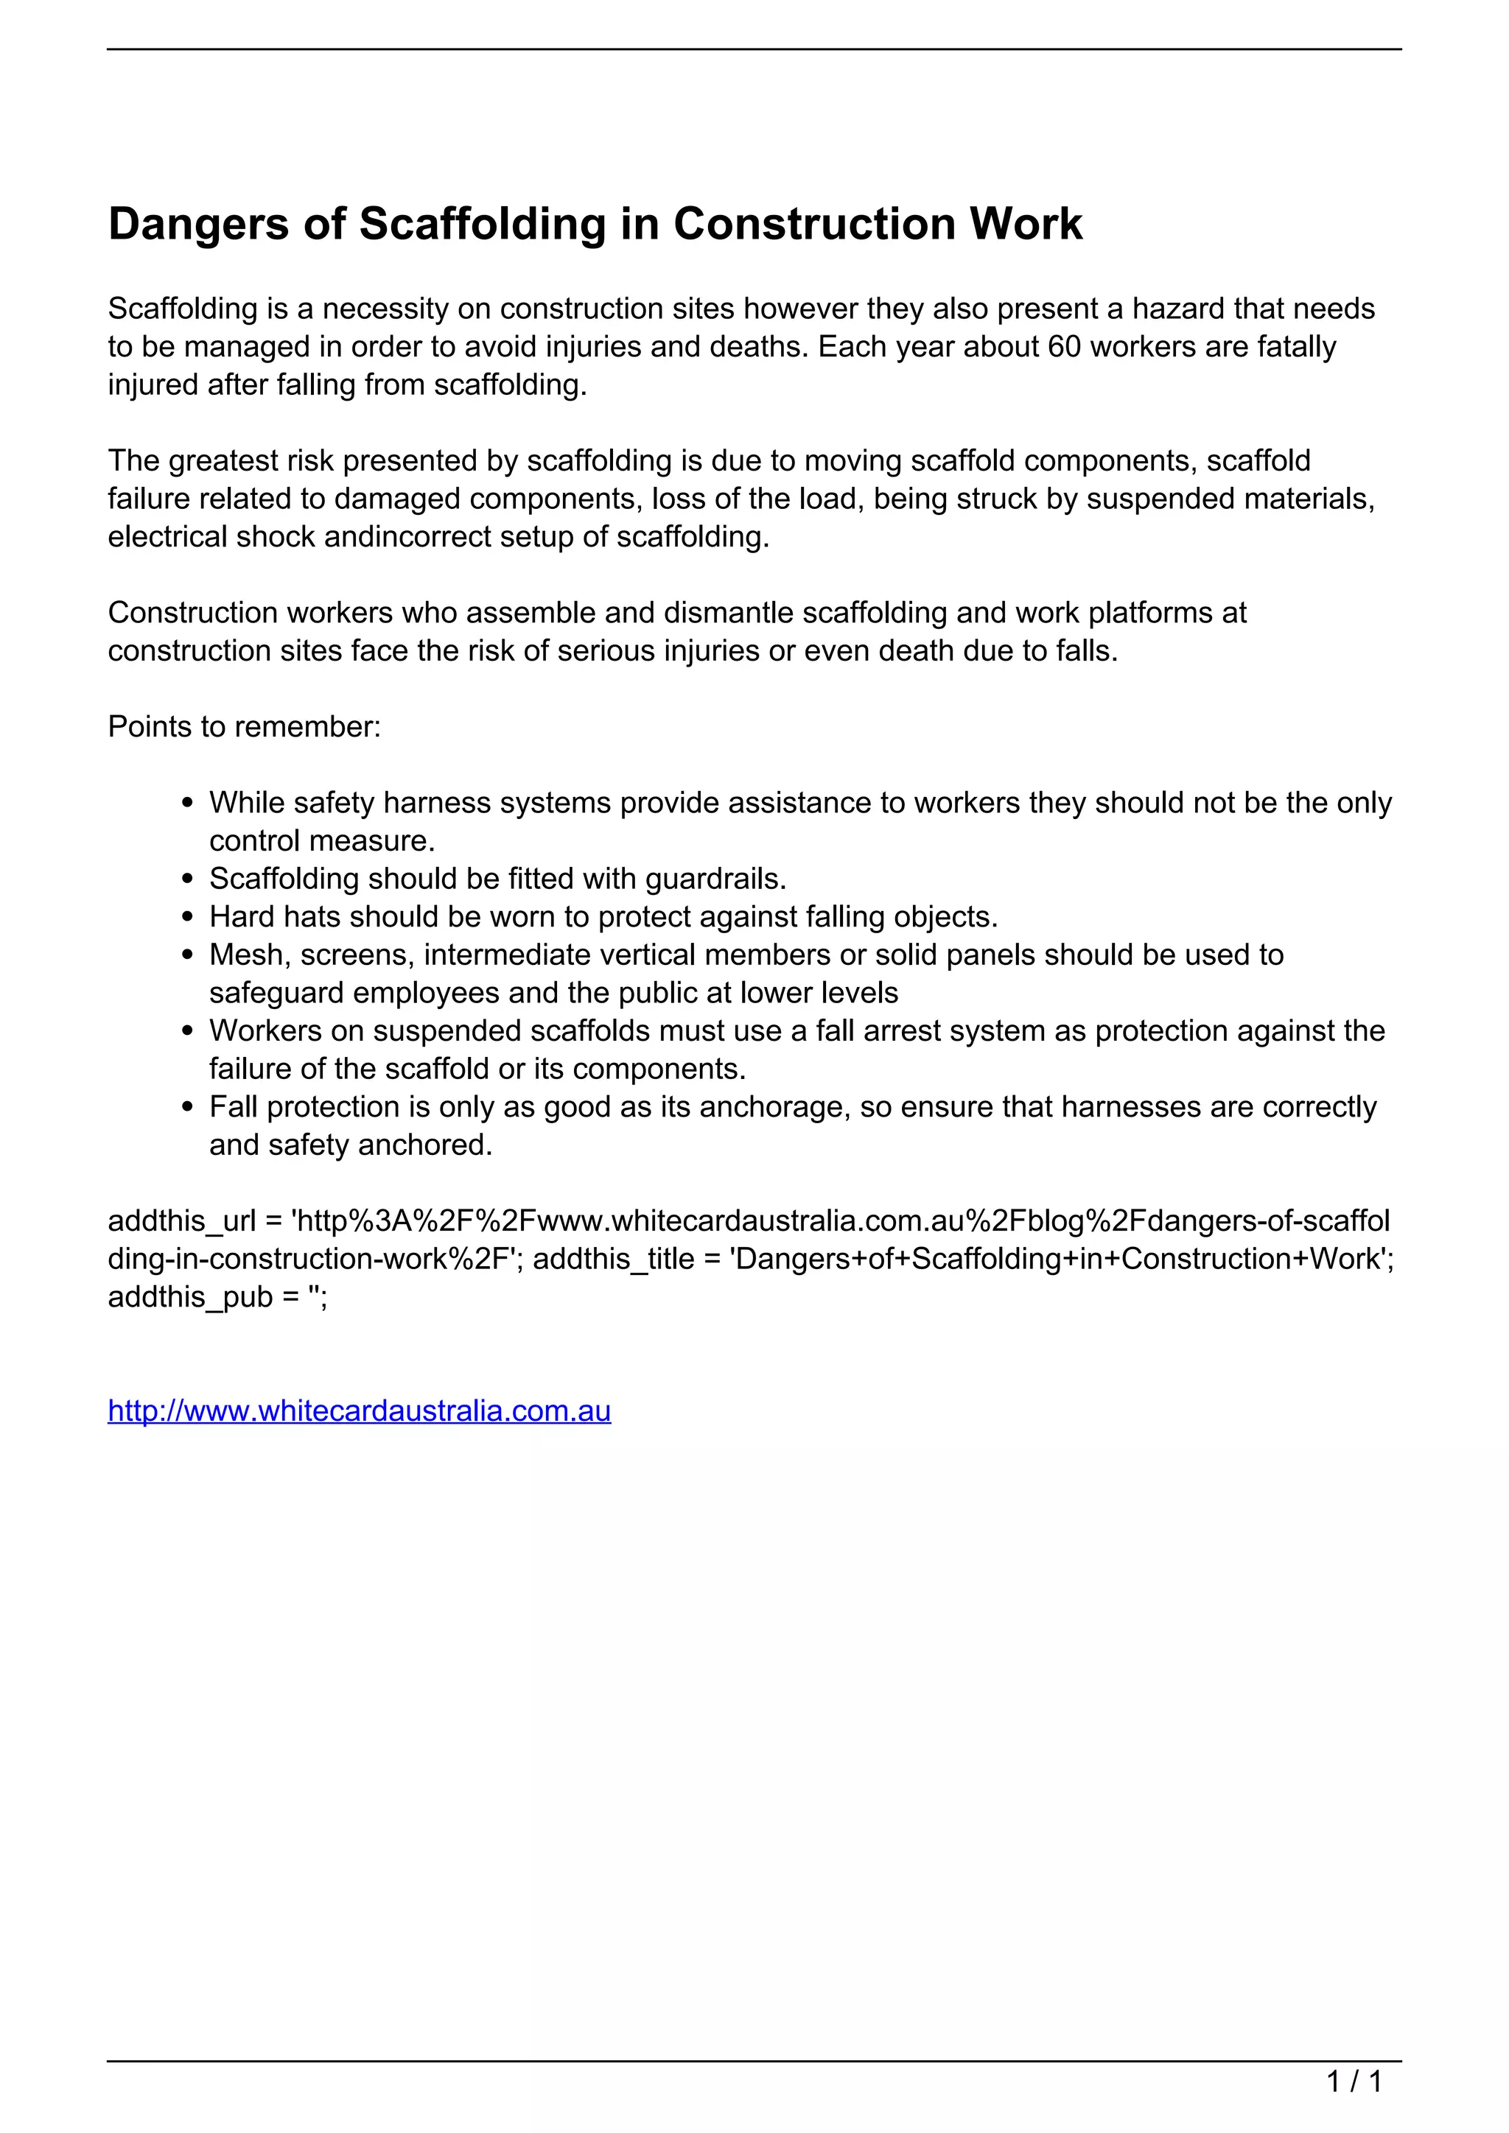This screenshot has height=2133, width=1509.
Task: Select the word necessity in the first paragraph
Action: click(x=384, y=309)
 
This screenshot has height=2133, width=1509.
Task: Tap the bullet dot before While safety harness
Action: click(x=189, y=804)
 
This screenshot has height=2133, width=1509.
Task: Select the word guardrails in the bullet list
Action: click(x=715, y=879)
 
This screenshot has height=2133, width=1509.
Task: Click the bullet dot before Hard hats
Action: click(x=189, y=918)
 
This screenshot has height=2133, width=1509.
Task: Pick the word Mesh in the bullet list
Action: click(x=245, y=955)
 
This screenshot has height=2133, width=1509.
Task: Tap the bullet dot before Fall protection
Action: click(x=189, y=1108)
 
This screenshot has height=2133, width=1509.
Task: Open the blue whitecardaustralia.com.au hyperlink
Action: click(x=359, y=1411)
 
